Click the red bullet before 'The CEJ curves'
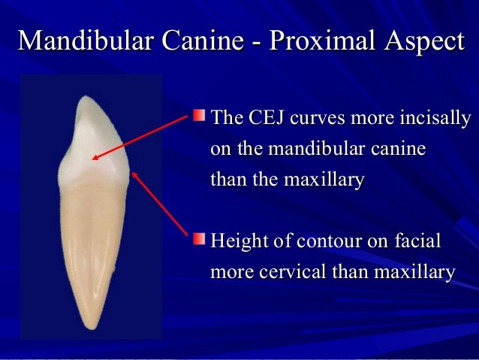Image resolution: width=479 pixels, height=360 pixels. (198, 117)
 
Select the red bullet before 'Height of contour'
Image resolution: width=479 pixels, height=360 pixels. (198, 240)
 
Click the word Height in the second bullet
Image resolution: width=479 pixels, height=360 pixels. (238, 242)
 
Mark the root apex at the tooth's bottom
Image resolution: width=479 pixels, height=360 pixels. (89, 328)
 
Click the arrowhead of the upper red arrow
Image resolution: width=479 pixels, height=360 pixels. (92, 158)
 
